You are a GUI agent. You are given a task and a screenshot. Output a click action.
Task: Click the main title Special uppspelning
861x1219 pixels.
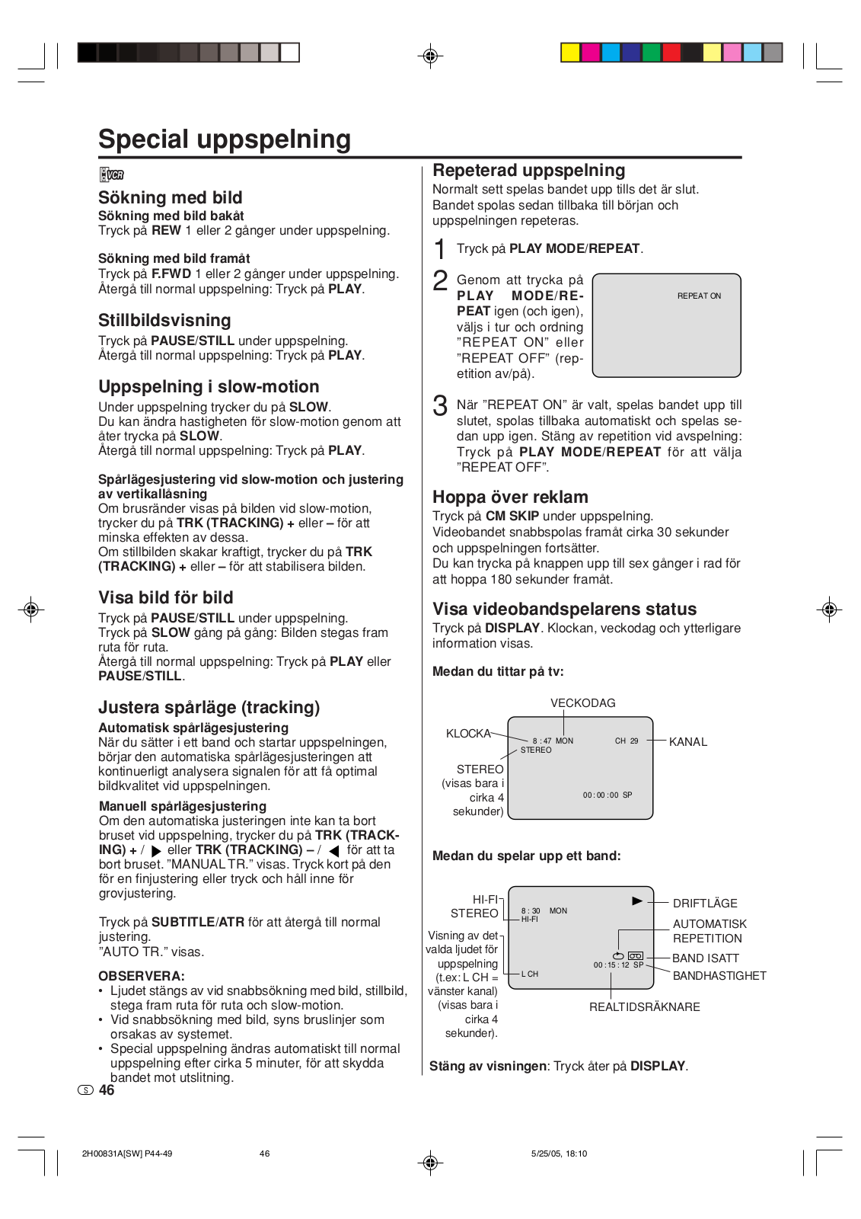(225, 139)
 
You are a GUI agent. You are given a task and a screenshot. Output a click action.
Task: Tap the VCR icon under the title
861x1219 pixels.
(112, 174)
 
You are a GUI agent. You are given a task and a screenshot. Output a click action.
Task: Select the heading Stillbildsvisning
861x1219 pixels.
(164, 321)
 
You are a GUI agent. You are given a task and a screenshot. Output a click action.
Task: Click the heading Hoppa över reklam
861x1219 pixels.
(510, 498)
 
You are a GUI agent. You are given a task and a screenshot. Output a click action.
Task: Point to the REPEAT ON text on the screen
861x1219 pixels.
(699, 296)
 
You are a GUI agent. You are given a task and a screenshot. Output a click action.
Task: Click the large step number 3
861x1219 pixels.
(440, 405)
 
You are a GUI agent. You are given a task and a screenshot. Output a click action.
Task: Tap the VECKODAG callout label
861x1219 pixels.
(582, 703)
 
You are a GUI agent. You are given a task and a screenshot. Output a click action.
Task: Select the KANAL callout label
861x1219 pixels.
(687, 742)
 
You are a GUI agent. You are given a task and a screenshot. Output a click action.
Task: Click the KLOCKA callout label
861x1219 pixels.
(468, 734)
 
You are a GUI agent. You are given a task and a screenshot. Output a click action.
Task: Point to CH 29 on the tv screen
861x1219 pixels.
(627, 741)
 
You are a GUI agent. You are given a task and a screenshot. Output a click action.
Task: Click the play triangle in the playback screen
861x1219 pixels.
(637, 901)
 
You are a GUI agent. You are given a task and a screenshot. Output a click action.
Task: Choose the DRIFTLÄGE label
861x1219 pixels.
(705, 904)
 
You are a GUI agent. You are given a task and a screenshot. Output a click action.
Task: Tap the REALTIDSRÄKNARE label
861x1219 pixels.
(644, 1007)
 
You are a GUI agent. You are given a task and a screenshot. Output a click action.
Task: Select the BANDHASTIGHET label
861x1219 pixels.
(719, 976)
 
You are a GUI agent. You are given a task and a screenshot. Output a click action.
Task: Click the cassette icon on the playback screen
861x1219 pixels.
(636, 955)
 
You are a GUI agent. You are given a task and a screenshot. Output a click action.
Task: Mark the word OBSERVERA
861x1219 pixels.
(142, 976)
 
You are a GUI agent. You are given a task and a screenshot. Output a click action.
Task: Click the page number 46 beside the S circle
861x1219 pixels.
(107, 1090)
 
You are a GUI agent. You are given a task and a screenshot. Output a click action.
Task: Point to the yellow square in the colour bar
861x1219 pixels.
(570, 53)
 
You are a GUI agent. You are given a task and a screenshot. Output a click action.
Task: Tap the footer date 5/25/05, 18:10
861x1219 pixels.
(559, 1153)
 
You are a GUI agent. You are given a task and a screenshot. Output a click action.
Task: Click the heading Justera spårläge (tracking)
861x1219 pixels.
(209, 708)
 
